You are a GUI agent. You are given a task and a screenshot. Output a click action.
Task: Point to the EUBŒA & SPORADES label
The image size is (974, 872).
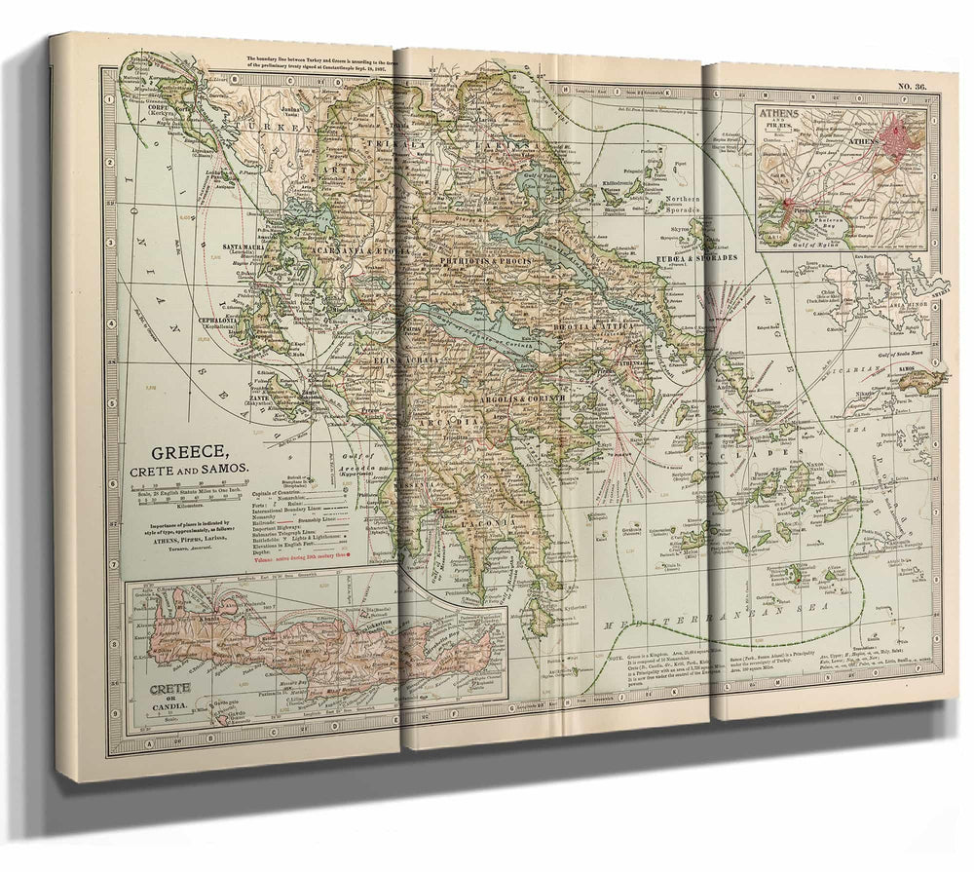(698, 257)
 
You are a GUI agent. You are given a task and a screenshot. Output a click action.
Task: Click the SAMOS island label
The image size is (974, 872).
(925, 370)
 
